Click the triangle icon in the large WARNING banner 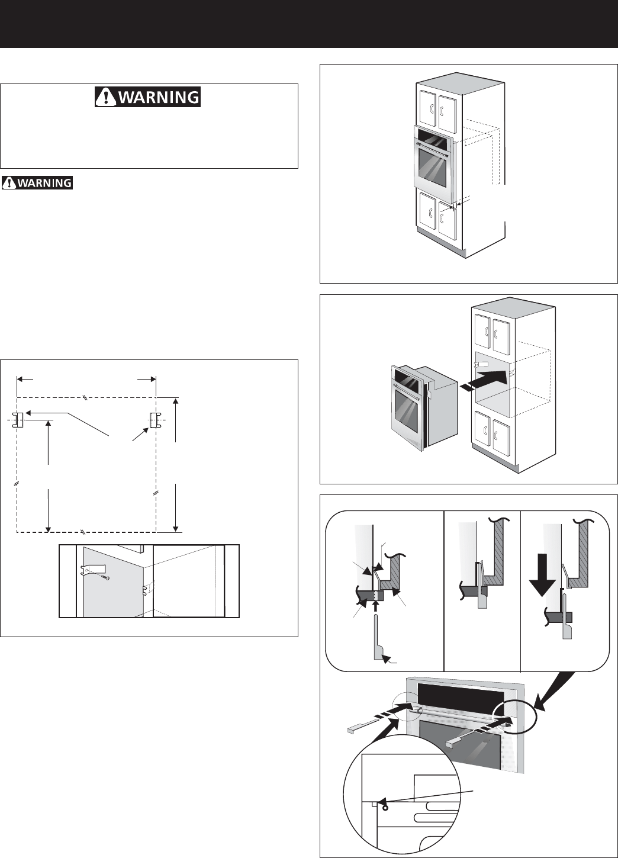pos(106,97)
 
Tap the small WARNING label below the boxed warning pos(37,183)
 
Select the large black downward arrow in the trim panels pos(542,574)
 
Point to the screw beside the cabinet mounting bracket pos(107,577)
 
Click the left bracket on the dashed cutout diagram pos(18,420)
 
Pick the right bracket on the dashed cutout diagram pos(154,420)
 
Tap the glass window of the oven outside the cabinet pos(406,412)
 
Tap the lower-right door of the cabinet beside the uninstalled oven pos(501,438)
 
